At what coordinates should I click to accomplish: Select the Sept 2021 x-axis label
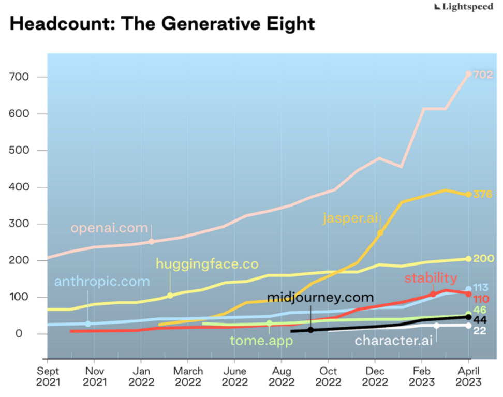coord(48,376)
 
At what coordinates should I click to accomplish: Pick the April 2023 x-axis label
coord(468,376)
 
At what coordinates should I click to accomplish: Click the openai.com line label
coord(109,228)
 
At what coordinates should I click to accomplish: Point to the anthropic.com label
coord(102,282)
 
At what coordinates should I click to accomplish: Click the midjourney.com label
coord(320,297)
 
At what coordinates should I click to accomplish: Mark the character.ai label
coord(395,341)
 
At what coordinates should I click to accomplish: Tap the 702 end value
coord(482,75)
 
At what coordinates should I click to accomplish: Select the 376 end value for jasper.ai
coord(482,195)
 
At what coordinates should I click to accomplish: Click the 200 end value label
coord(482,258)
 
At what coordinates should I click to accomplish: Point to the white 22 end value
coord(480,330)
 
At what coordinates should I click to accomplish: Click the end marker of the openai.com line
coord(468,75)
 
